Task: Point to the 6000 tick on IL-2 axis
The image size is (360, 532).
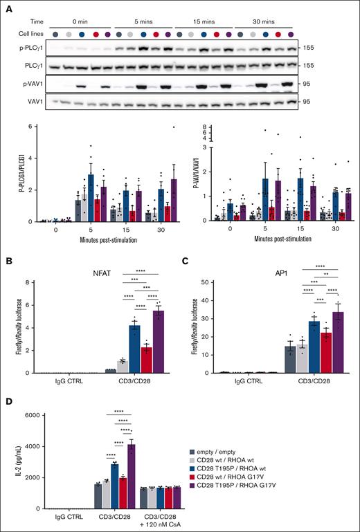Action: (x=31, y=414)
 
